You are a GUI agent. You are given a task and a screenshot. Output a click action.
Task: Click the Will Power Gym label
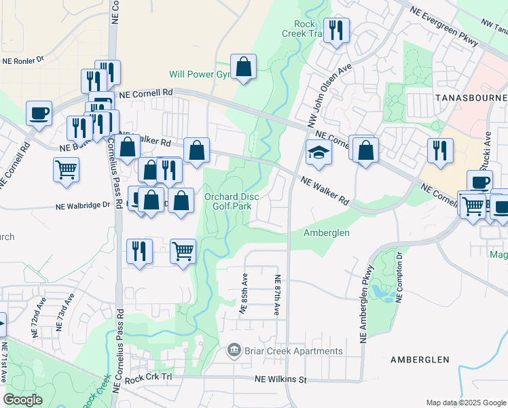[202, 74]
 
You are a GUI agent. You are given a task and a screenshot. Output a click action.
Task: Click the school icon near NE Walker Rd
[318, 153]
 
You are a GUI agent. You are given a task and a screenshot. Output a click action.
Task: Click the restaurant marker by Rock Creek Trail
[336, 30]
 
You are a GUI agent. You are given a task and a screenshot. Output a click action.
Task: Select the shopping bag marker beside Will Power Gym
[243, 67]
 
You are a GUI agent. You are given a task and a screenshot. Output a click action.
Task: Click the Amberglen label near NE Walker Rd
[326, 233]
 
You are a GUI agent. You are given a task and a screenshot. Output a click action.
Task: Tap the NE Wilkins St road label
[281, 379]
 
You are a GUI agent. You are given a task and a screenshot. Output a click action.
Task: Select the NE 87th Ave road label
[277, 295]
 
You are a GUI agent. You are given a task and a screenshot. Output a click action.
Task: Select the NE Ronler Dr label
[23, 60]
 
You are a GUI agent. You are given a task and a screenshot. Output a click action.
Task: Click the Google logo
[23, 400]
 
